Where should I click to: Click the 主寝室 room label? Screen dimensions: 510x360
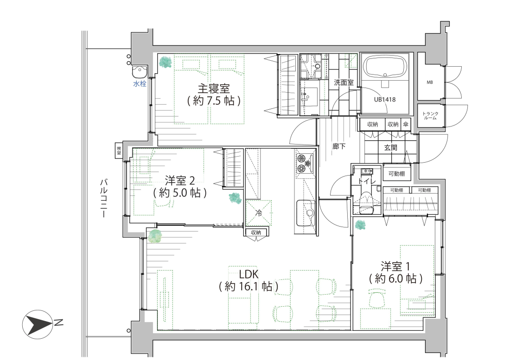coord(214,88)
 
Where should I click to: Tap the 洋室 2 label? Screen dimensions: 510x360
coord(180,181)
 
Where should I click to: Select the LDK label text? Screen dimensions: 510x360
coord(249,274)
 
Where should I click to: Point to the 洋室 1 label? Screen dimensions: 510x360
coord(395,267)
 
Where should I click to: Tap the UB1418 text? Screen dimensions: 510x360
coord(385,100)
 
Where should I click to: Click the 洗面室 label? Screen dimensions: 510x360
coord(344,82)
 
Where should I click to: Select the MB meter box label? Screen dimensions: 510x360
coord(430,82)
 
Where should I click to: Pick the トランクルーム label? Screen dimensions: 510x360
coord(430,116)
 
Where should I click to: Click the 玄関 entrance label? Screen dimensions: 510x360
coord(391,147)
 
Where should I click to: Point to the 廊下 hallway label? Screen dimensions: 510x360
coord(339,146)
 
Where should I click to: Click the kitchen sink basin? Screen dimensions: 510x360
coord(306,213)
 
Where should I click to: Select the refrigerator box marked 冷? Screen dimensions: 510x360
coord(259,213)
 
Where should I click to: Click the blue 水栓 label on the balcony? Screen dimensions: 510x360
coord(140,84)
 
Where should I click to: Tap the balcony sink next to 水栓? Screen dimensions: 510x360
coord(140,71)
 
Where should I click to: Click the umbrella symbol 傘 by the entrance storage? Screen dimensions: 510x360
coord(406,125)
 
